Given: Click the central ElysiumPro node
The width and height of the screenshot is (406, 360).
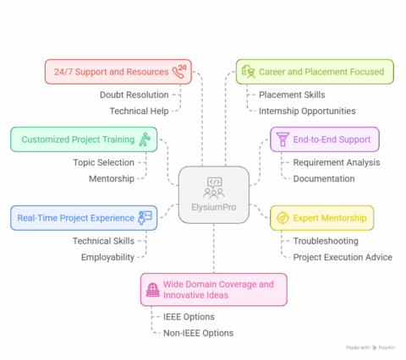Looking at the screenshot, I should pos(214,194).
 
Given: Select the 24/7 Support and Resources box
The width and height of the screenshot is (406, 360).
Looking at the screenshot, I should pos(118,71).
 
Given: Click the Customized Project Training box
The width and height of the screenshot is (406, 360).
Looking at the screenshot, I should pos(84,139).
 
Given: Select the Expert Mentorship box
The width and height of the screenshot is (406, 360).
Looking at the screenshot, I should pos(322,218).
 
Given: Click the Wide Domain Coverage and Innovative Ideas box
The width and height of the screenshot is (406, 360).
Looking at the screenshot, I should pos(213,289).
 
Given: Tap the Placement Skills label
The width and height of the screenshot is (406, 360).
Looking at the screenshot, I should pos(292,94).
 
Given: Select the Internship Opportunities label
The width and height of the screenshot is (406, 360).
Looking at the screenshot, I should pos(307,111).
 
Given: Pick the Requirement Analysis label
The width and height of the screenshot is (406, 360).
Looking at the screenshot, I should pos(336,162).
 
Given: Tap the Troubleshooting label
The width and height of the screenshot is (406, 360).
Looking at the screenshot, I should pos(326,241).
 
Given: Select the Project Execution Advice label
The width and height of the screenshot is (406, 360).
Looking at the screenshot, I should pos(341,257).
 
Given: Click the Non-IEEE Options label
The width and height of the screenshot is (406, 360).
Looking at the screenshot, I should pos(198,333).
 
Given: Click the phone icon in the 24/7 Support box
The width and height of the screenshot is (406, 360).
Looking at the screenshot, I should pos(180,71).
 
